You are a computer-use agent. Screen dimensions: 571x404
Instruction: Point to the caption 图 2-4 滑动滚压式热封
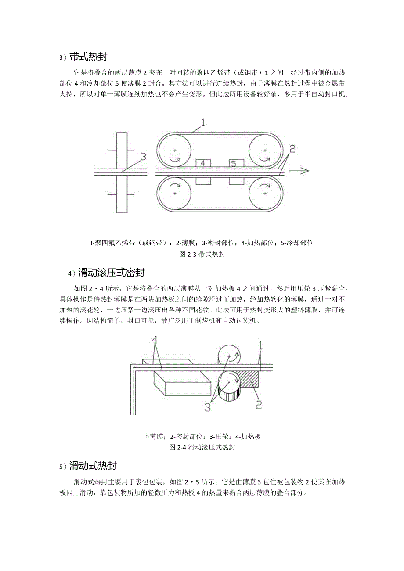click(202, 448)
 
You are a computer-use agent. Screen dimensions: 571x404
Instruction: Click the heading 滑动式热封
click(97, 466)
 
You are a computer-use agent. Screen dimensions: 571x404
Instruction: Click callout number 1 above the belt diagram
click(203, 121)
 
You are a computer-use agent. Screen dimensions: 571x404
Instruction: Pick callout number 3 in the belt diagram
click(143, 156)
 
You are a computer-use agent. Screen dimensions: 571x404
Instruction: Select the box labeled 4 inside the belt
click(203, 163)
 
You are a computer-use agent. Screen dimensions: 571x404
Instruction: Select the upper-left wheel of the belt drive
click(174, 151)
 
